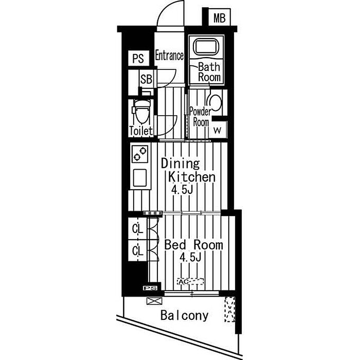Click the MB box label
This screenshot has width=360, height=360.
click(220, 19)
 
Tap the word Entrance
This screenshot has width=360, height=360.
click(169, 56)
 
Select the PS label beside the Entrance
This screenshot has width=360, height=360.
click(138, 59)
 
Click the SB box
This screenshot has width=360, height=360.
click(147, 79)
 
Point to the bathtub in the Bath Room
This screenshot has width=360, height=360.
click(205, 48)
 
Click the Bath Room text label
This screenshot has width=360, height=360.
click(209, 71)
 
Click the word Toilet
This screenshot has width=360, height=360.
click(140, 131)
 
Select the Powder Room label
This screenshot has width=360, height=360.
click(200, 117)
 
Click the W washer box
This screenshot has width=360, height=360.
click(218, 129)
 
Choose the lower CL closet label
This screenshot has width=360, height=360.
click(137, 251)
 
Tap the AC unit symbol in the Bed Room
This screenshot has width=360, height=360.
click(191, 282)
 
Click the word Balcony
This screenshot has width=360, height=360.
click(184, 315)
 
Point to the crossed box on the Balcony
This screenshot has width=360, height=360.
click(152, 301)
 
